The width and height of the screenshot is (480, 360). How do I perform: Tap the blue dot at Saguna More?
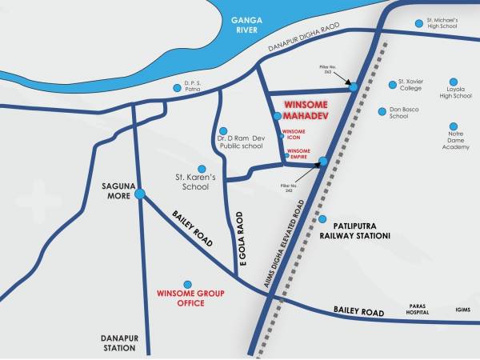[140, 194]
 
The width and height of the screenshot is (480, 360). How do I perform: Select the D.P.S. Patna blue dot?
[178, 88]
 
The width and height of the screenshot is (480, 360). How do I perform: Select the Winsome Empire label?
[298, 154]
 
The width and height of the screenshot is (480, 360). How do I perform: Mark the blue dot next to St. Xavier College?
[392, 82]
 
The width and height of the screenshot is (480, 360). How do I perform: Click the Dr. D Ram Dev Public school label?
[240, 142]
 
